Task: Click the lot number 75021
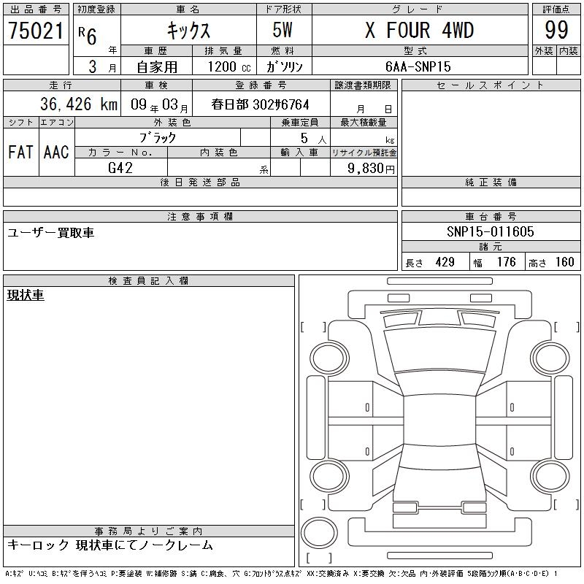pyautogui.click(x=36, y=31)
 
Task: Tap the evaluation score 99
pyautogui.click(x=556, y=30)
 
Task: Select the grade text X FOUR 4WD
pyautogui.click(x=419, y=30)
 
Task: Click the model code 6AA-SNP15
pyautogui.click(x=418, y=66)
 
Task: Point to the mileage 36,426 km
pyautogui.click(x=79, y=104)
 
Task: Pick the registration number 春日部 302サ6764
pyautogui.click(x=260, y=104)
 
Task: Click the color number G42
pyautogui.click(x=120, y=168)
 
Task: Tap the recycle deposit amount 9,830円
pyautogui.click(x=371, y=169)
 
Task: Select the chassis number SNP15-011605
pyautogui.click(x=490, y=231)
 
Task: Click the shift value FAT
pyautogui.click(x=20, y=152)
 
